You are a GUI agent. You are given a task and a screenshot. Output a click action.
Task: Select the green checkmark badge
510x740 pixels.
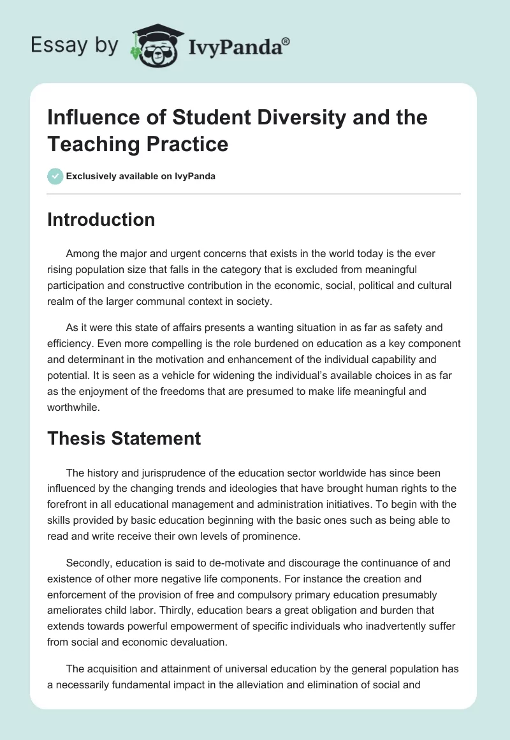click(55, 176)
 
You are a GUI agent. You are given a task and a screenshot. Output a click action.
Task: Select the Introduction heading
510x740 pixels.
click(101, 219)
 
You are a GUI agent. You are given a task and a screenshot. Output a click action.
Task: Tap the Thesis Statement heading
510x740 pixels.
click(124, 438)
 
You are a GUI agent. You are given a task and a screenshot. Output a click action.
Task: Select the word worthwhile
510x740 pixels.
click(75, 406)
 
